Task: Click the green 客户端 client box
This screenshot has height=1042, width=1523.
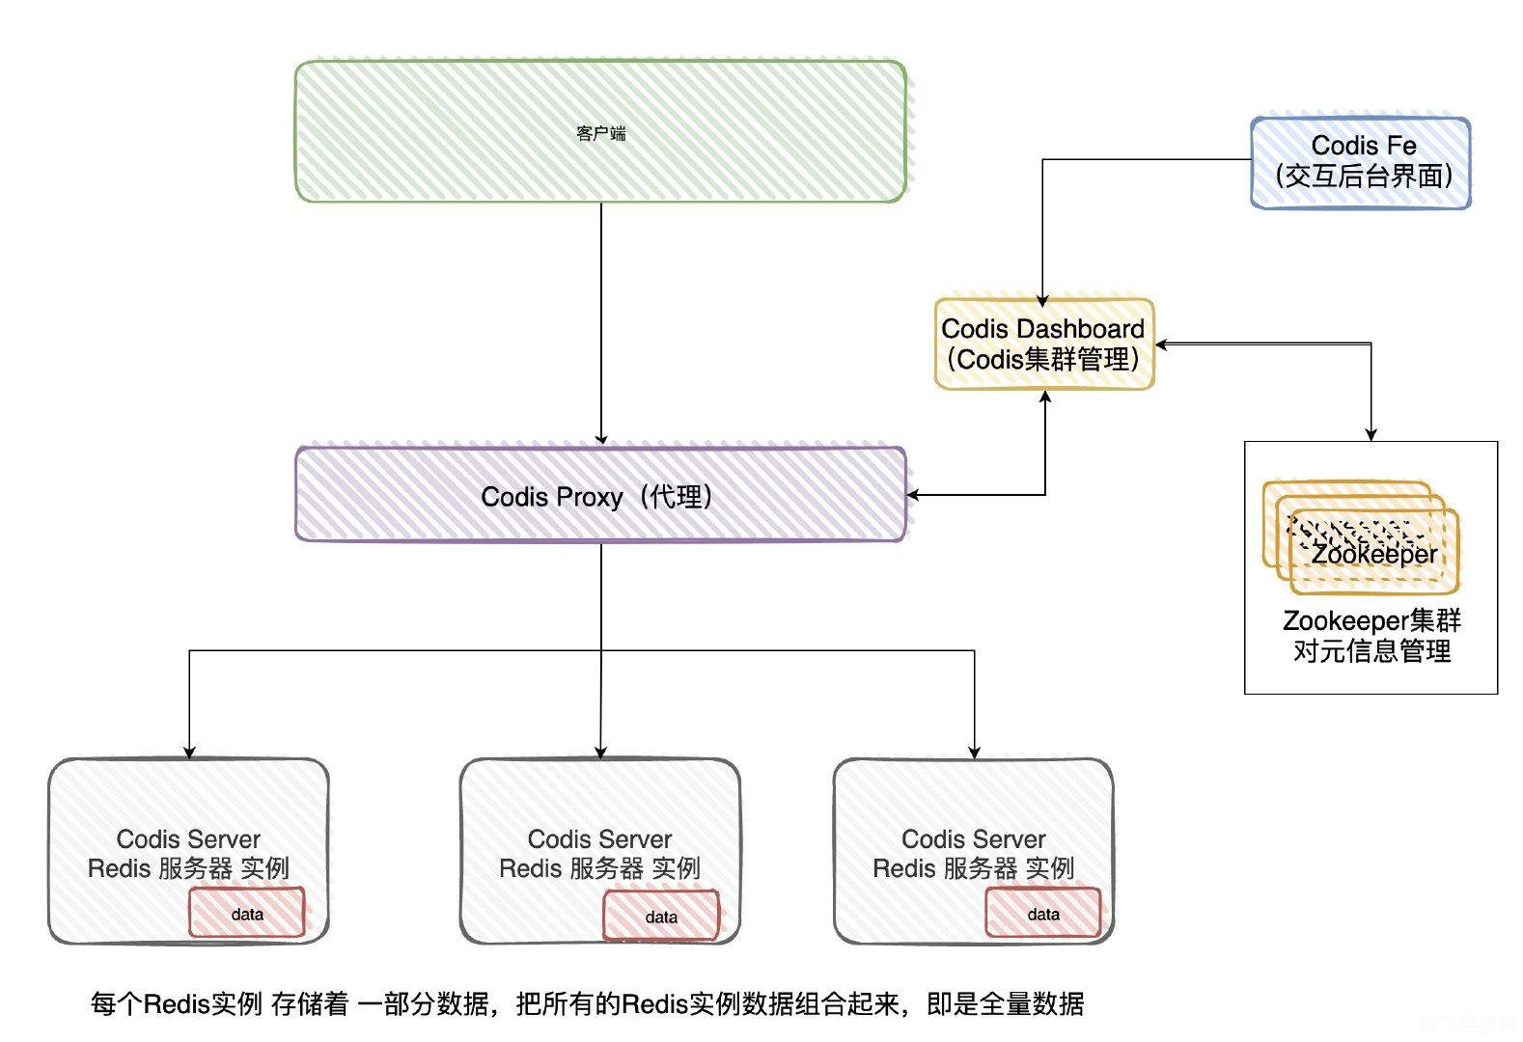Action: [600, 132]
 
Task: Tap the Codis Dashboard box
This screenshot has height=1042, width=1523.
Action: [1043, 343]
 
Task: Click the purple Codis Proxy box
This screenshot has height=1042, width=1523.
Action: [600, 495]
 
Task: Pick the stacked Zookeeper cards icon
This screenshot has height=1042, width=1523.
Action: [1361, 537]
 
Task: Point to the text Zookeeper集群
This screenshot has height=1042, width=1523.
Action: [1371, 620]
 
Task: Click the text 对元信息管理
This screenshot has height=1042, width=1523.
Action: [1371, 651]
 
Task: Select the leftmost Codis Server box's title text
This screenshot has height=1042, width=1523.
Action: [188, 838]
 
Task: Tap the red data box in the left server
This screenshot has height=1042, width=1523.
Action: [247, 914]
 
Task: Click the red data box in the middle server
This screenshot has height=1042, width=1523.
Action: [661, 917]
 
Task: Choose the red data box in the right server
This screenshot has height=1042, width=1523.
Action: [1043, 914]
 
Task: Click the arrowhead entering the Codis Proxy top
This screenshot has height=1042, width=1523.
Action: [601, 440]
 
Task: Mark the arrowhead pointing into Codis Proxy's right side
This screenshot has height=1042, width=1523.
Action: [913, 495]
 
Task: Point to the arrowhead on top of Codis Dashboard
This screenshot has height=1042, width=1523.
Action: [1042, 301]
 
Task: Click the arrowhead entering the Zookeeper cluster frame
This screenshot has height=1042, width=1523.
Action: [1371, 435]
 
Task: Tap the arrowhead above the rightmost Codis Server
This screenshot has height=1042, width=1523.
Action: [974, 753]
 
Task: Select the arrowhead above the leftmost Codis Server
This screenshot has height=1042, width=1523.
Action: [189, 753]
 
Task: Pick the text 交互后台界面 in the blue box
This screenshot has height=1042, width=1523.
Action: [1363, 176]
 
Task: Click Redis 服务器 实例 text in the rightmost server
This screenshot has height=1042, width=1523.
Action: [973, 868]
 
